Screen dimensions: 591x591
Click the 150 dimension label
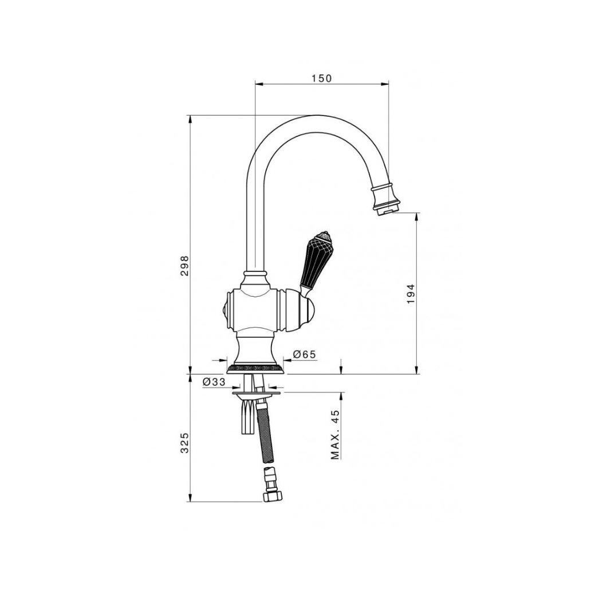(x=321, y=78)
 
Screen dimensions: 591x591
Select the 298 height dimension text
(x=184, y=266)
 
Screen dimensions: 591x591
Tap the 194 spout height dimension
(x=411, y=294)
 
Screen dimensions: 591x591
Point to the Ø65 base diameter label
(x=304, y=354)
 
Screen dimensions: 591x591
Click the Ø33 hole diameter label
(x=214, y=382)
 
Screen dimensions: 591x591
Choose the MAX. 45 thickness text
(x=335, y=435)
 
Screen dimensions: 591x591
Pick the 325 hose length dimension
(x=184, y=443)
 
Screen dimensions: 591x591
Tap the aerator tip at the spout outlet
(x=387, y=212)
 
